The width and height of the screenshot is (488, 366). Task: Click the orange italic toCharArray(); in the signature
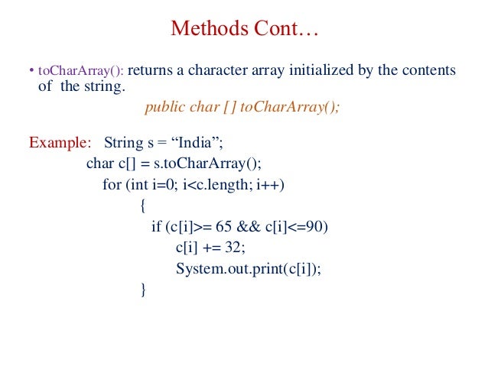[289, 107]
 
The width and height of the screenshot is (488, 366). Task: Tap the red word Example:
[59, 143]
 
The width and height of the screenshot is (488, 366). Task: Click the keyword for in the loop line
[111, 185]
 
